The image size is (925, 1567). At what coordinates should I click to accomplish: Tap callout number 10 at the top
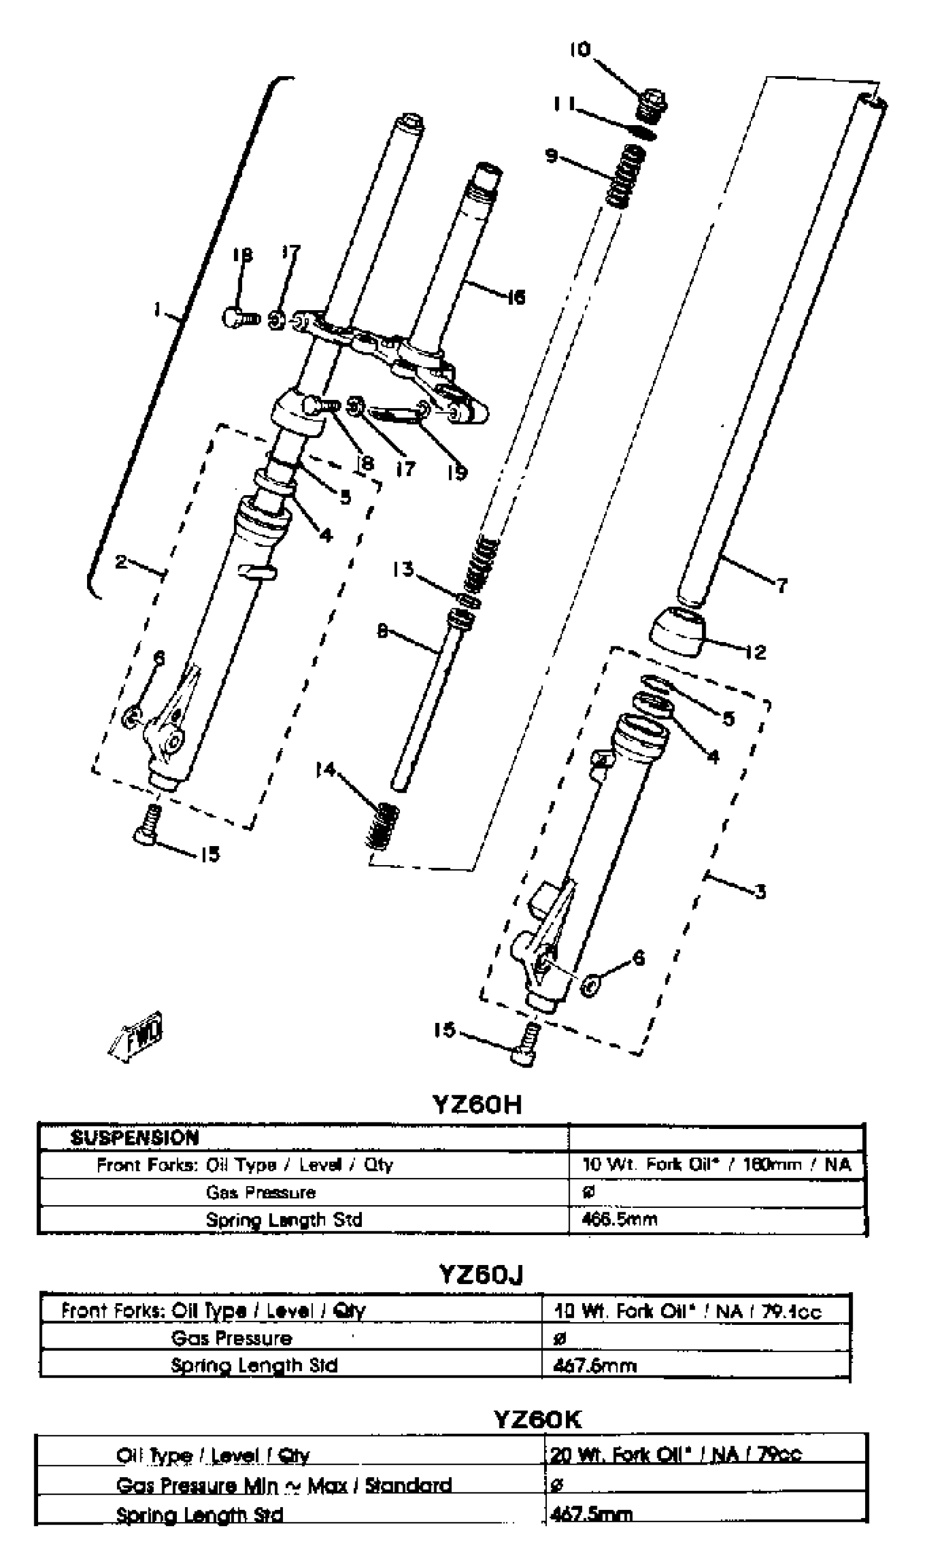tap(579, 50)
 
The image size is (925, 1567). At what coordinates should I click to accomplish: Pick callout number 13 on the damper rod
tap(403, 569)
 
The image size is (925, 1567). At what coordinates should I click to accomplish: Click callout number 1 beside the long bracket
tap(158, 309)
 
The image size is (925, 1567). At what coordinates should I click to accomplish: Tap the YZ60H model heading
tap(477, 1104)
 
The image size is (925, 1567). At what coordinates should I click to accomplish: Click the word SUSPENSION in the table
tap(134, 1138)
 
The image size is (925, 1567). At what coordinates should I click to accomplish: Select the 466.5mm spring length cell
tap(619, 1219)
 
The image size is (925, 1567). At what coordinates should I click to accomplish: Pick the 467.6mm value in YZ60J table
tap(595, 1366)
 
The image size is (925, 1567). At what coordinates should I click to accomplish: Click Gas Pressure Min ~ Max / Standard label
tap(283, 1485)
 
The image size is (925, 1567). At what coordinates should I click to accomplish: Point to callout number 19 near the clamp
tap(457, 472)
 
